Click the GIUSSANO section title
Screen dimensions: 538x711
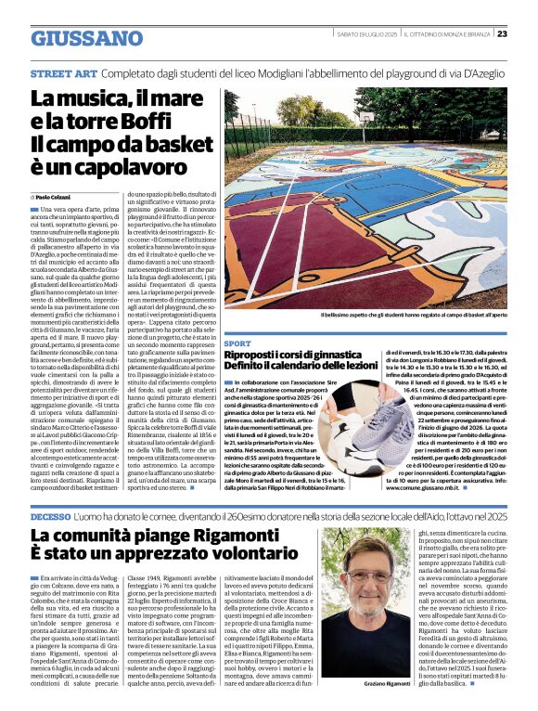coord(87,38)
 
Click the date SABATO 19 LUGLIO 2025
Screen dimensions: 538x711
coord(366,33)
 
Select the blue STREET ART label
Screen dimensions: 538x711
coord(62,72)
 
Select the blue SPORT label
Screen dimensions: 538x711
coord(237,343)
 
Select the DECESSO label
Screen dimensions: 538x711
coord(50,515)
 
